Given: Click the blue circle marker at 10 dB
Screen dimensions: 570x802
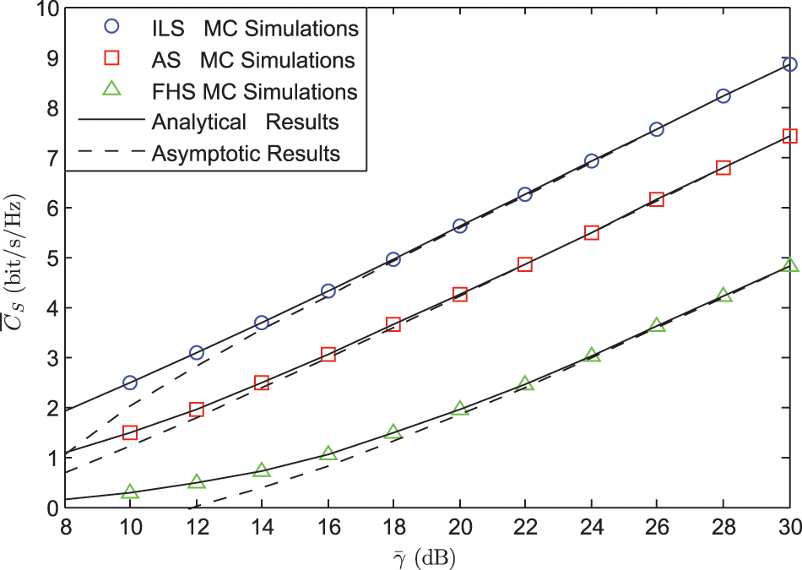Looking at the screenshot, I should [x=130, y=383].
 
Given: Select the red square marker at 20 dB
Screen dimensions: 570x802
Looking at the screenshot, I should [x=460, y=295].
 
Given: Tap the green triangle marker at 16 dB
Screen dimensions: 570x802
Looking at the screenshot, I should [x=328, y=454].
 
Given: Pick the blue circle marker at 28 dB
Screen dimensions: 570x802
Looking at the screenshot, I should [x=723, y=96].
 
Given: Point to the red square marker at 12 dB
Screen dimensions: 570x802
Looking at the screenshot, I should [x=197, y=410].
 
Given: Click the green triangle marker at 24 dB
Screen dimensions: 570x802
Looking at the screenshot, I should [x=592, y=356].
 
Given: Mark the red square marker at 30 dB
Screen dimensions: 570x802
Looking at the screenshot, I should [x=789, y=136].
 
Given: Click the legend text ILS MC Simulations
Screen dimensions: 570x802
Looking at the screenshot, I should [x=256, y=29].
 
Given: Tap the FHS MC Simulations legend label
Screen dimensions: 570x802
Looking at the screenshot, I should [x=255, y=91].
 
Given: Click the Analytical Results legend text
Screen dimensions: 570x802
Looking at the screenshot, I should [x=246, y=122].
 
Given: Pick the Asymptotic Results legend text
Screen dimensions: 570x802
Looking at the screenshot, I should [x=247, y=154].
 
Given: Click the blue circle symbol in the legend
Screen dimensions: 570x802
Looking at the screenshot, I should [x=109, y=29].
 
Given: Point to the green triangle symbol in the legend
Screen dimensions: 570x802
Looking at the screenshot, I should [x=109, y=91].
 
